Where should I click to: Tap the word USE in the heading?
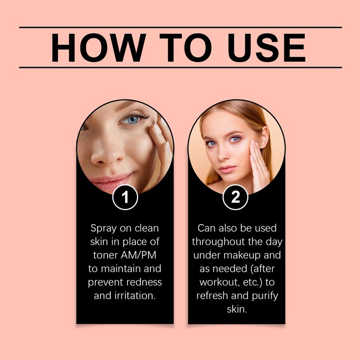266,48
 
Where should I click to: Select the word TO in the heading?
185,48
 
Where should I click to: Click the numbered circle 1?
125,197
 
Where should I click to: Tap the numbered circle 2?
235,197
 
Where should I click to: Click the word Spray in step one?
104,229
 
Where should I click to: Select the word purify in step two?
265,296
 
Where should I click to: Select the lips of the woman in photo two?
227,169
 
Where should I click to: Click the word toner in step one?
105,255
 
